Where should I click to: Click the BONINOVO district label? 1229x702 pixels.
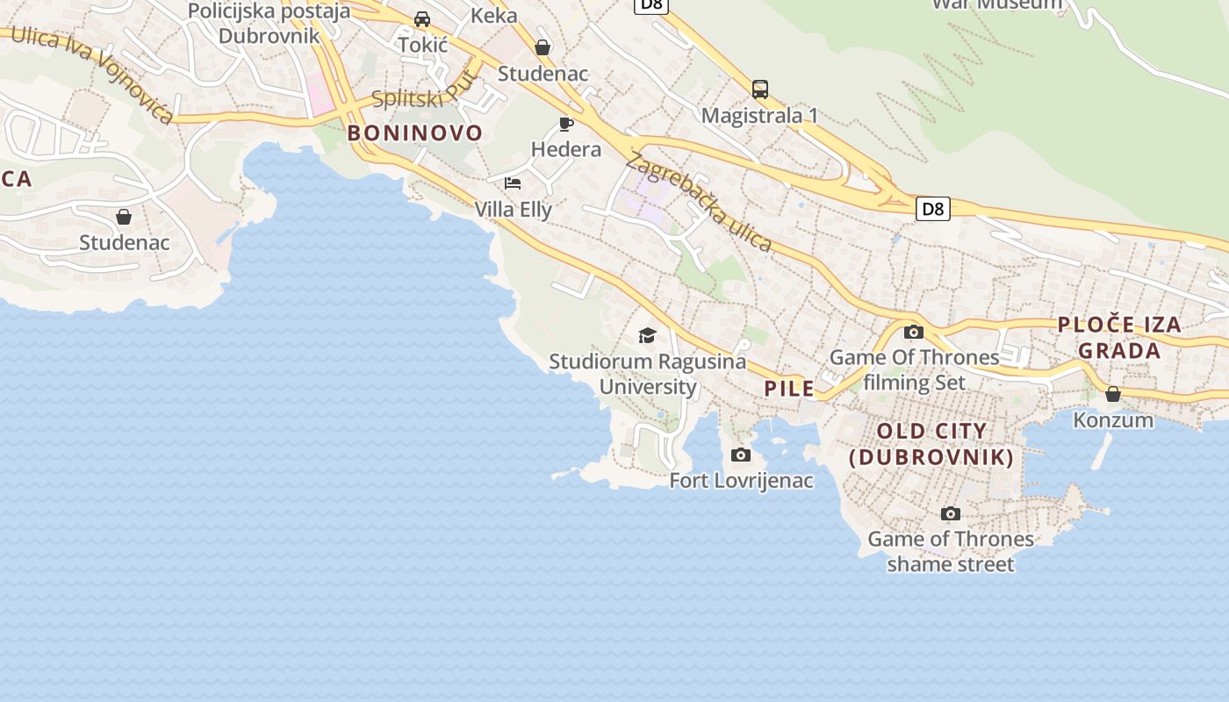click(414, 133)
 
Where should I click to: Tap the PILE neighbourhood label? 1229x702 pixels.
click(789, 389)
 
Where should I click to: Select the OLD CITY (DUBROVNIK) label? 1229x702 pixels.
click(931, 444)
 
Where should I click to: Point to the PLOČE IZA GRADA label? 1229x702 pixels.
click(1119, 338)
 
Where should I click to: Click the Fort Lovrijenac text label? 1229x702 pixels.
click(741, 481)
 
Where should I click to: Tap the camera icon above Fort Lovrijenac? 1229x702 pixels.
click(741, 455)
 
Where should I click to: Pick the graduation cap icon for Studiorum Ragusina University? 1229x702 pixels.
click(647, 335)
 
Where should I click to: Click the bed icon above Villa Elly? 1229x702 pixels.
click(513, 183)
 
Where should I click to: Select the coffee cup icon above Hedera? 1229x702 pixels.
click(566, 124)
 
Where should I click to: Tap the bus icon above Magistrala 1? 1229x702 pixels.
click(760, 89)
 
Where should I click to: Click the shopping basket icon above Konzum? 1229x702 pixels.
click(1113, 394)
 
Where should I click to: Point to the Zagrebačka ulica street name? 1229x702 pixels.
click(699, 201)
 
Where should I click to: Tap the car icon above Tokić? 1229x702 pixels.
click(422, 19)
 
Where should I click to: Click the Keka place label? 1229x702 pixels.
click(494, 15)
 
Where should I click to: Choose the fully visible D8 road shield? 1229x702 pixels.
click(933, 209)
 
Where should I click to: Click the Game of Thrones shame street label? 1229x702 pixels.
click(951, 551)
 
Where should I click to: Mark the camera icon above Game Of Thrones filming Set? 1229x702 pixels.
click(914, 332)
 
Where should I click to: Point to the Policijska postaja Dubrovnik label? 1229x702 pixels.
click(269, 24)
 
